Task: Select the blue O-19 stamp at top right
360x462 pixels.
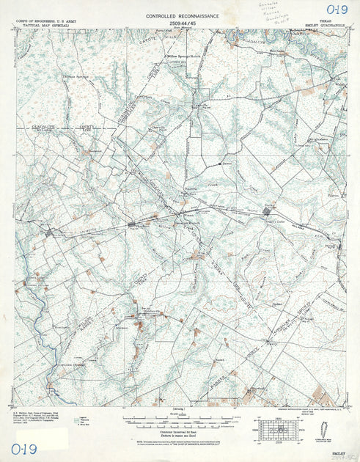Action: click(337, 9)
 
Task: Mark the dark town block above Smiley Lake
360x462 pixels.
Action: click(267, 211)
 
